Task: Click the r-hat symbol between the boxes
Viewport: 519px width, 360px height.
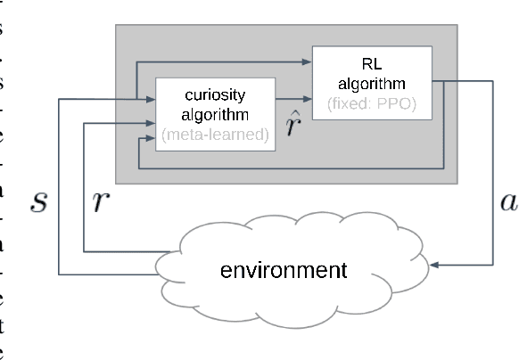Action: (292, 124)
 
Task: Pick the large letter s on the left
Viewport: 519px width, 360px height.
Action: (37, 202)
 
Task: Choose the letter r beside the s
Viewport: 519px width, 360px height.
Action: (100, 202)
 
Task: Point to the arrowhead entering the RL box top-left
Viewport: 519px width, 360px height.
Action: (306, 62)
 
